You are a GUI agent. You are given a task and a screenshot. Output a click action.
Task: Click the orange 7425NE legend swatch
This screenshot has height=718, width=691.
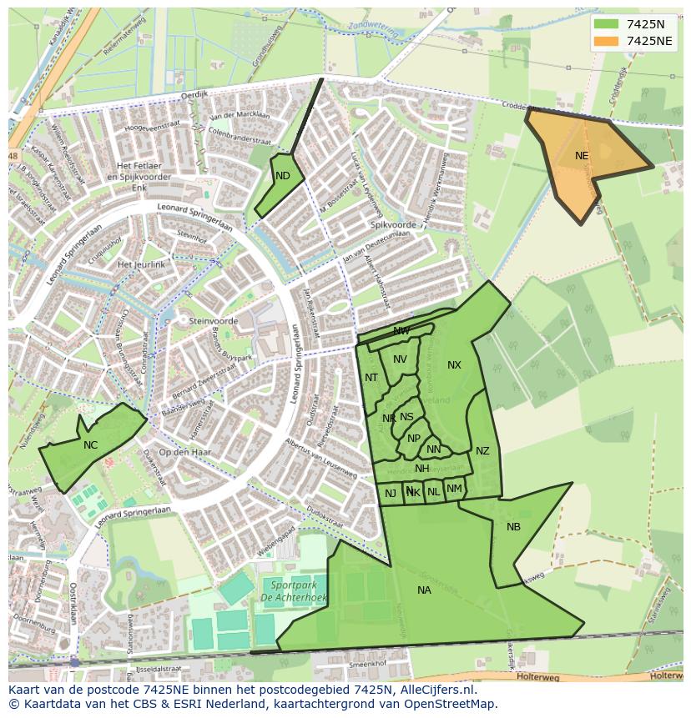(x=608, y=41)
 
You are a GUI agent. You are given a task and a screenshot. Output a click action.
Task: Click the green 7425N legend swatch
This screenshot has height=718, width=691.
(x=608, y=24)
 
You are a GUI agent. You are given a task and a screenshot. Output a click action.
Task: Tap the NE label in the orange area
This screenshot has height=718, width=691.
(x=582, y=155)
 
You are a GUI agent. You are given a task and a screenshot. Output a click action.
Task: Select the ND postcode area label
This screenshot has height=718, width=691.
(x=283, y=175)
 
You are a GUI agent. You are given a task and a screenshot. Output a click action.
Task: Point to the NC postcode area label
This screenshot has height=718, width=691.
(x=90, y=444)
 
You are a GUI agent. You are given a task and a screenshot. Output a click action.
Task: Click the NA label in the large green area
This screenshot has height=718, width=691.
(x=424, y=590)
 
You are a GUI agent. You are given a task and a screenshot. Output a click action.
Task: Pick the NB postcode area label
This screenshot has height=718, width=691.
(x=513, y=526)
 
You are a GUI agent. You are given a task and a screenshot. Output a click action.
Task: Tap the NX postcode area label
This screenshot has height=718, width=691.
(x=454, y=364)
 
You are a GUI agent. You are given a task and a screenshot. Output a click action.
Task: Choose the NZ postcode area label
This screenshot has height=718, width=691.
(x=482, y=451)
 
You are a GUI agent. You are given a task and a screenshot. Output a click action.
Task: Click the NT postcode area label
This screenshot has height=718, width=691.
(x=371, y=378)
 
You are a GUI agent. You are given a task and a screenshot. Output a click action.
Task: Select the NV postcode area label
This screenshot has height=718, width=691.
(x=400, y=359)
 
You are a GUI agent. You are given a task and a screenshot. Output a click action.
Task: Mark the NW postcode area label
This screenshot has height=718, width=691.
(x=401, y=331)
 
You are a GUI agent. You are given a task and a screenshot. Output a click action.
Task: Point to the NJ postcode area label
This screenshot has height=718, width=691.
(x=391, y=493)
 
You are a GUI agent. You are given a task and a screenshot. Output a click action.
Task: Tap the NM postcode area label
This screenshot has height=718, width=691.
(x=454, y=489)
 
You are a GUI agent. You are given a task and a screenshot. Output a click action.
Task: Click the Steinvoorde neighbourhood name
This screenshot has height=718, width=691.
(x=214, y=321)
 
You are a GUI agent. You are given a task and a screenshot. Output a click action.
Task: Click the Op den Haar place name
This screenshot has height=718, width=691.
(x=184, y=452)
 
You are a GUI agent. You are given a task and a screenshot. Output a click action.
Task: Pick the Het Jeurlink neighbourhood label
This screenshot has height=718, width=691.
(x=142, y=264)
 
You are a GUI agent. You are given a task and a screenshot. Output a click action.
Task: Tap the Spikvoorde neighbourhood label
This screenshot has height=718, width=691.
(x=392, y=225)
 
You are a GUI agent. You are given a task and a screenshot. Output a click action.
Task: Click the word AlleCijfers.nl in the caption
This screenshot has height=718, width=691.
(x=426, y=690)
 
